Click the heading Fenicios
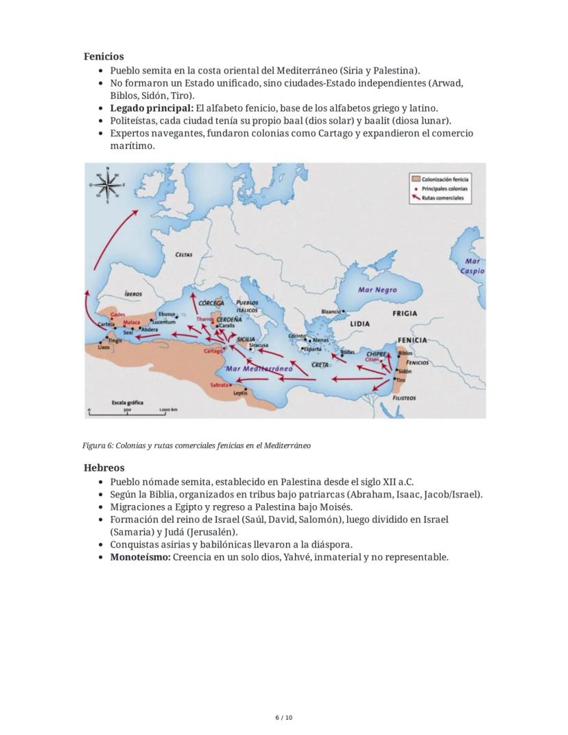[x=104, y=57]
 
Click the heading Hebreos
[x=104, y=468]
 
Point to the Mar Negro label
[x=377, y=290]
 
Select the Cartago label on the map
[x=214, y=351]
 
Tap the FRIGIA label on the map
[x=404, y=313]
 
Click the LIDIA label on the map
[x=359, y=323]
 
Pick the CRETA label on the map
[x=320, y=365]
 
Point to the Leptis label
[x=240, y=393]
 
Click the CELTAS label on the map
[x=184, y=255]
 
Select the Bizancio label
[x=331, y=312]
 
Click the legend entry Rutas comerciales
[x=442, y=198]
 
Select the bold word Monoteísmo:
[x=140, y=557]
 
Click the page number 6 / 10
[x=284, y=718]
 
